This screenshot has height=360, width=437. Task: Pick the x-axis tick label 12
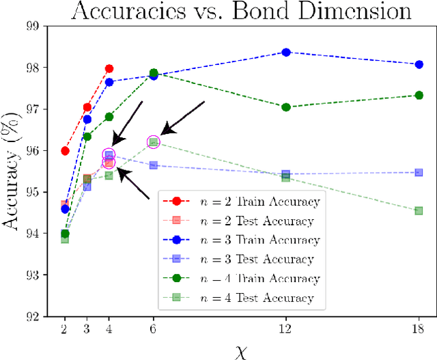click(285, 329)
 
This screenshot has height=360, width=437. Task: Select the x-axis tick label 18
click(419, 329)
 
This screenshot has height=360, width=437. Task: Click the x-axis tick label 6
click(153, 329)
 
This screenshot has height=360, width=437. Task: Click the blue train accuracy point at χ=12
click(286, 52)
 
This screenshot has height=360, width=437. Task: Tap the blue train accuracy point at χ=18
click(419, 64)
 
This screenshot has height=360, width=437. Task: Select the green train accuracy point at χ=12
click(286, 107)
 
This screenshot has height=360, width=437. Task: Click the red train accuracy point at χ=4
click(109, 69)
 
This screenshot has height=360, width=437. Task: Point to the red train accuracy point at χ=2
click(65, 151)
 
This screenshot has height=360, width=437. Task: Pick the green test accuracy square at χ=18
click(419, 210)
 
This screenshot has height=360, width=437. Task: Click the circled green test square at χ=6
click(153, 142)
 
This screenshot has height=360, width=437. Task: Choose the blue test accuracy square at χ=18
click(419, 172)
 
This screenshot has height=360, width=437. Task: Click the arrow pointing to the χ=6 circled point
click(183, 117)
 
